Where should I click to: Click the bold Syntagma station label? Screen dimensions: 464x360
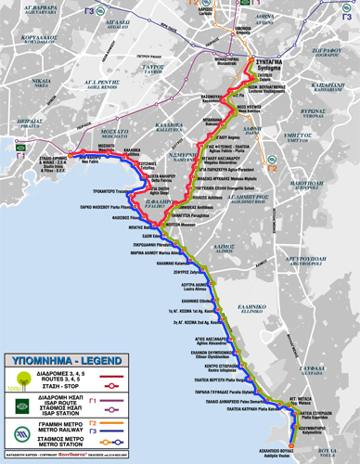tap(268, 60)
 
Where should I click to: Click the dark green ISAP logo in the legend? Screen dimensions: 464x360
tap(16, 406)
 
